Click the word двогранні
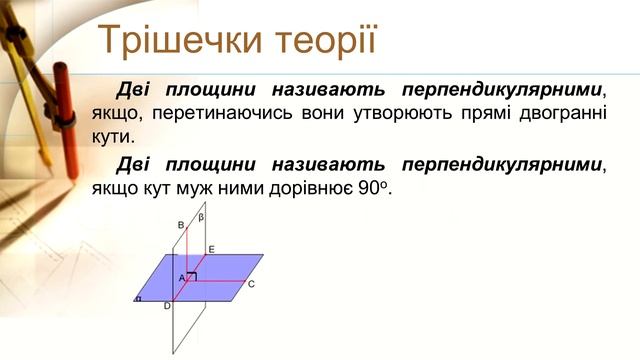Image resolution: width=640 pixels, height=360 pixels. (559, 111)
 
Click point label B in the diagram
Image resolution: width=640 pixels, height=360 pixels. (180, 225)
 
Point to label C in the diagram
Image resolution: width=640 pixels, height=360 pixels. (251, 285)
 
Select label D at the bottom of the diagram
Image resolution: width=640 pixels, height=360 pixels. (167, 306)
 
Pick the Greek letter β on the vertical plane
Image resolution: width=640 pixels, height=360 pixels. (200, 216)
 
